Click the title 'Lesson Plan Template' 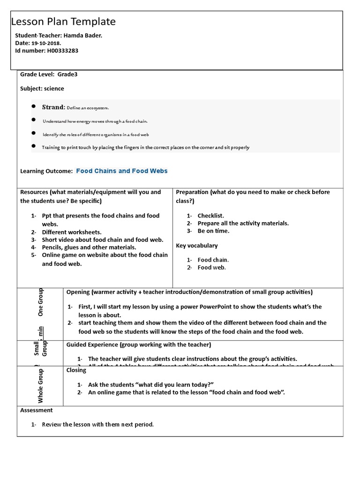63,22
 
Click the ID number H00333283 62,51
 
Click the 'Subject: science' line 42,88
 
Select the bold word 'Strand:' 53,107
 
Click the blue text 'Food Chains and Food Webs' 121,171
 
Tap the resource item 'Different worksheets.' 71,232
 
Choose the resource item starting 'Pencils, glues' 89,247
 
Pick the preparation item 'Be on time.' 213,231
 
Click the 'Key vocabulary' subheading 196,245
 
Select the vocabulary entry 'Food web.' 211,267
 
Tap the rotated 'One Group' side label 40,302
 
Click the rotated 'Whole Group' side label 40,386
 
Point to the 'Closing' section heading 76,370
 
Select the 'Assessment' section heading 37,410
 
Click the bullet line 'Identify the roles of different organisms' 96,135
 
